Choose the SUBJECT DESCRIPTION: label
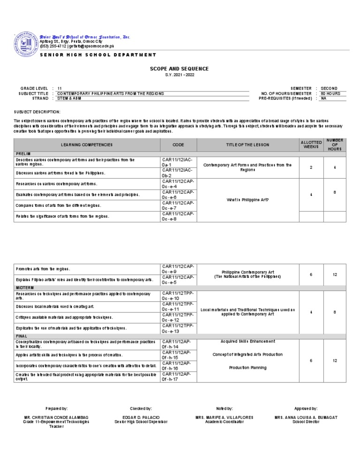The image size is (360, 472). (x=37, y=112)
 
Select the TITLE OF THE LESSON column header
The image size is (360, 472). (x=247, y=145)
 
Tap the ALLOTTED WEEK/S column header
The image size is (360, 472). (x=311, y=145)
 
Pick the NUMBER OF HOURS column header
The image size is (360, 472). (x=335, y=145)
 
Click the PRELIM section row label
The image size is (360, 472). (x=23, y=154)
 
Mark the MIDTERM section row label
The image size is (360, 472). (x=25, y=287)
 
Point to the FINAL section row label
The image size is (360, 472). (x=22, y=336)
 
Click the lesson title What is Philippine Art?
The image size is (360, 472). (x=247, y=200)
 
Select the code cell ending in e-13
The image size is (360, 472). (x=178, y=328)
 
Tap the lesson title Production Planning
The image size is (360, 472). (x=247, y=368)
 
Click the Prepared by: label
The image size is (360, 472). (x=56, y=409)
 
